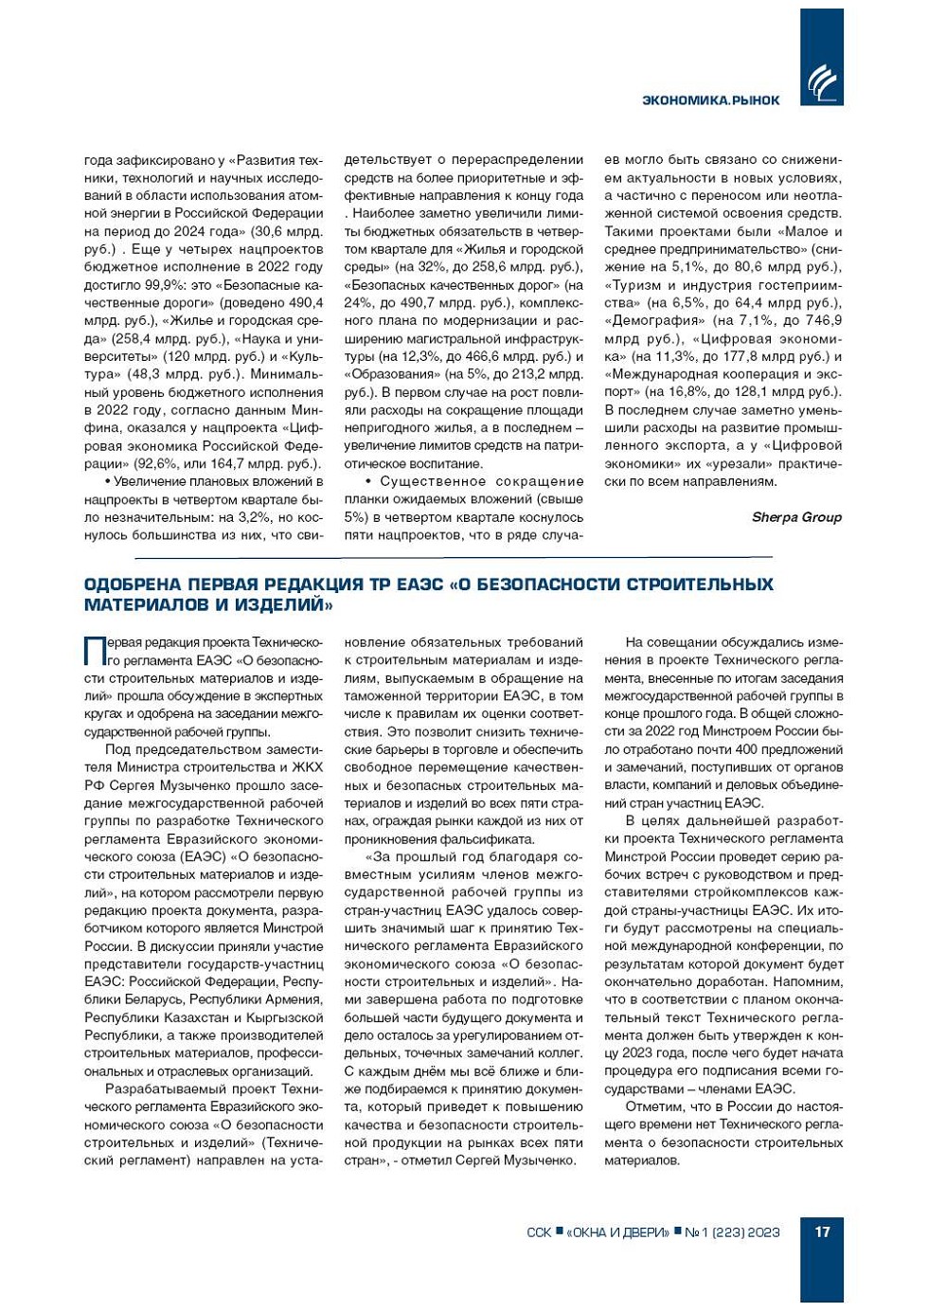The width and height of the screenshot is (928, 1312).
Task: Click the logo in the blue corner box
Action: (821, 82)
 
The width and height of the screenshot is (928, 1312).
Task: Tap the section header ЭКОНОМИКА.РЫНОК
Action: (710, 100)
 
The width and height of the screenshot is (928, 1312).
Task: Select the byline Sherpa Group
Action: (796, 517)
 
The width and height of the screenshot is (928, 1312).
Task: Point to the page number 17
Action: (822, 1231)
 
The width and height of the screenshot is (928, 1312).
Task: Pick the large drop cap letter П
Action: (95, 651)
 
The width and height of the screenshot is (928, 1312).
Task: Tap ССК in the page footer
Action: (539, 1232)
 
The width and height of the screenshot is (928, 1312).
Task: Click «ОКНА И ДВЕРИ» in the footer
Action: (617, 1232)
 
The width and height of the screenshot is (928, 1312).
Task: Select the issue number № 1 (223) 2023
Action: (732, 1232)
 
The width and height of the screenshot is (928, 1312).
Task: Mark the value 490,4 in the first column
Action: (304, 303)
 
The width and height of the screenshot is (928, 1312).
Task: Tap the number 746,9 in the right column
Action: (822, 321)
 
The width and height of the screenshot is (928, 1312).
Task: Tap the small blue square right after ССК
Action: (559, 1231)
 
